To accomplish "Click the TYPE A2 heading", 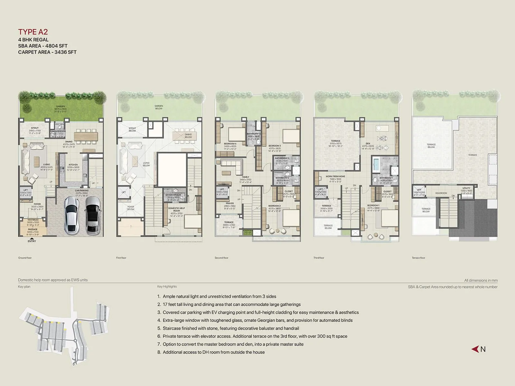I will click(33, 32).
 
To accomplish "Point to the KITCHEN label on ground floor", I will click(73, 165).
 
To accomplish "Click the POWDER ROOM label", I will click(58, 132).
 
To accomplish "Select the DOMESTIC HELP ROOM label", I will click(176, 209).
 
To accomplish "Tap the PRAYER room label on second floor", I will click(229, 203).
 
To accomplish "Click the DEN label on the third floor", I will click(368, 143).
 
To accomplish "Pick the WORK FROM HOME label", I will click(335, 176).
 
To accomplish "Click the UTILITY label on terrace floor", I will click(466, 188).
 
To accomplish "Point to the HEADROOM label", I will click(441, 193).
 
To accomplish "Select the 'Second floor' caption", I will click(221, 258).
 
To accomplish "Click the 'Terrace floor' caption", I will click(418, 258).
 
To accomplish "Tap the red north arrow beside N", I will click(475, 349).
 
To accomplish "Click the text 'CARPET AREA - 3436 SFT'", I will click(47, 52).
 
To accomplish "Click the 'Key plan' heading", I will click(24, 287).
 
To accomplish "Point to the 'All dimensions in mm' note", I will click(481, 280).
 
